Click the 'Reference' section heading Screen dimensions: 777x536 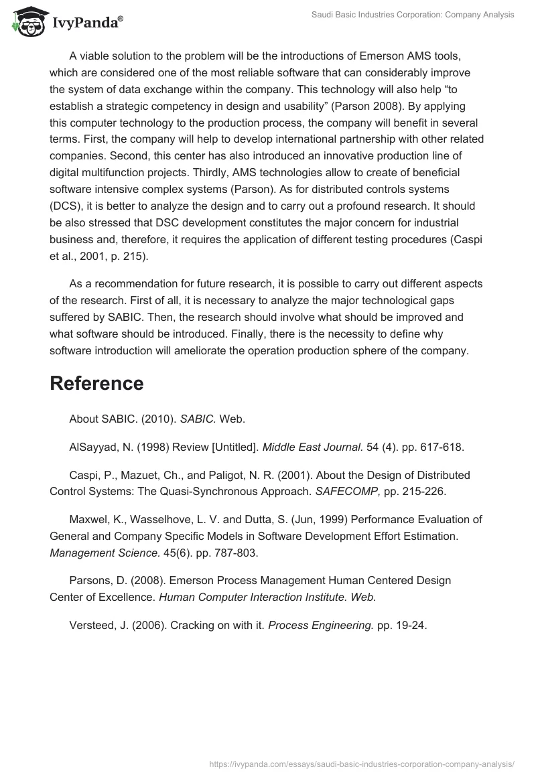[96, 383]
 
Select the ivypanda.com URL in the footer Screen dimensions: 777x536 [361, 763]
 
